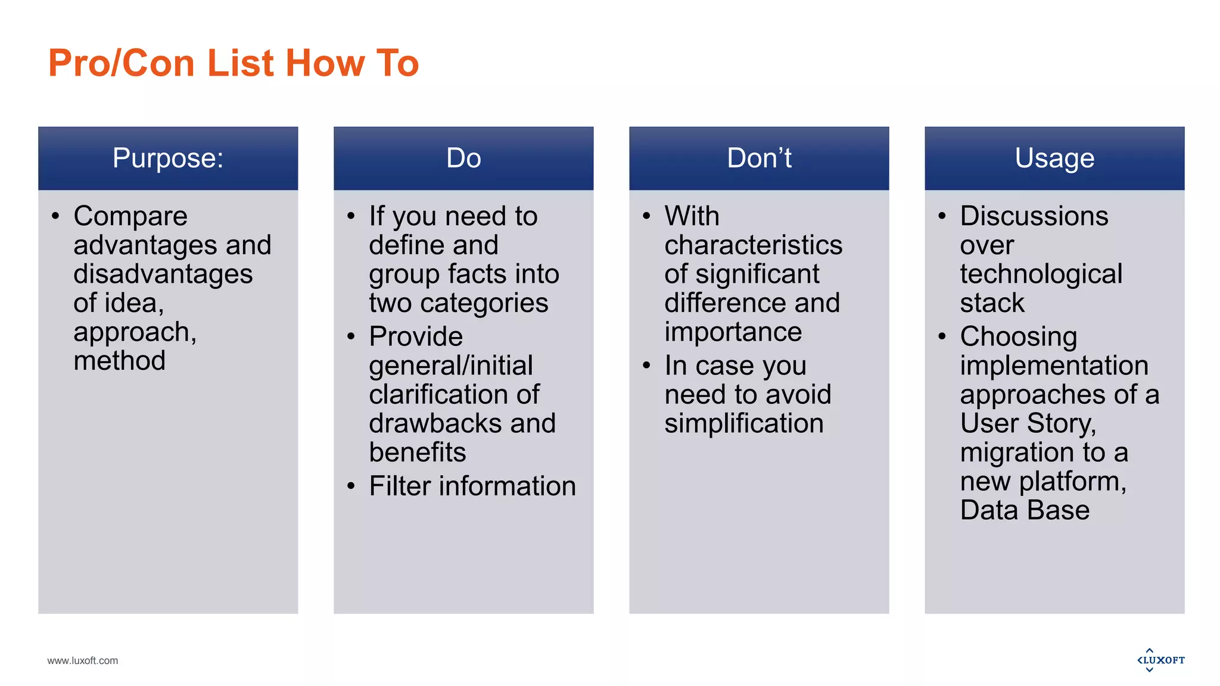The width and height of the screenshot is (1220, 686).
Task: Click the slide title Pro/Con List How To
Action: click(x=233, y=63)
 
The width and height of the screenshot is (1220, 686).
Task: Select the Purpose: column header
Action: click(x=168, y=158)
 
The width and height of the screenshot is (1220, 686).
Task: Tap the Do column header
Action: click(x=463, y=158)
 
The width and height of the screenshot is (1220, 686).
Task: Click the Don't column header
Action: click(x=759, y=158)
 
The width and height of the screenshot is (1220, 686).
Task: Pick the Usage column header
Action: click(x=1054, y=158)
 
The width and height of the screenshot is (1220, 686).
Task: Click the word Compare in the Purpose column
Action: click(x=130, y=216)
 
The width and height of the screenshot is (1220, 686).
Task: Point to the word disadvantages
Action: click(x=163, y=275)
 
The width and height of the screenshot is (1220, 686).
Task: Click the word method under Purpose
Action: click(x=119, y=361)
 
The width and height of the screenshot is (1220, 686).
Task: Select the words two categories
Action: click(x=458, y=303)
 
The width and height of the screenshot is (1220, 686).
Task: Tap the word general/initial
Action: click(x=450, y=366)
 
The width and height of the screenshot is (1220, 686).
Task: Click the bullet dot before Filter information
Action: click(x=351, y=487)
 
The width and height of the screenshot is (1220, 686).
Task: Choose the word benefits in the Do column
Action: click(x=417, y=453)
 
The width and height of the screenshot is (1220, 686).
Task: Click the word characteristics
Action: click(x=753, y=245)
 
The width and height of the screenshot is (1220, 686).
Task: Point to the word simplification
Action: click(x=744, y=423)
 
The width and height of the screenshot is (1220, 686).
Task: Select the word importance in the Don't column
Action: click(x=733, y=332)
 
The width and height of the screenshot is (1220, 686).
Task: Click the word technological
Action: click(x=1041, y=275)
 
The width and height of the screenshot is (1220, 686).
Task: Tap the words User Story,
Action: click(x=1028, y=423)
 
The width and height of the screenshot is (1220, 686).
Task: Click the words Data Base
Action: click(x=1025, y=510)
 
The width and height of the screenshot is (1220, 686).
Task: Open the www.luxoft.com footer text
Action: click(x=82, y=660)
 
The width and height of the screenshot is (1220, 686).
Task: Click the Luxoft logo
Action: click(x=1160, y=660)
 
